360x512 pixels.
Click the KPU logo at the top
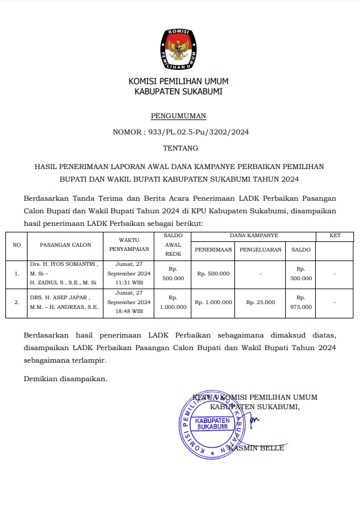[x=179, y=48]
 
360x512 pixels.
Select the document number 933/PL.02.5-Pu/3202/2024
[x=197, y=132]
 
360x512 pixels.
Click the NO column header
[x=17, y=245]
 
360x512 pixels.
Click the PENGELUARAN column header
[x=260, y=250]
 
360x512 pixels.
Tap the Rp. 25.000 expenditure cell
[x=260, y=302]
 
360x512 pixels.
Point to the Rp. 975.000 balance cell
[x=301, y=302]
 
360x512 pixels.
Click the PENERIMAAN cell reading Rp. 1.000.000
[x=213, y=302]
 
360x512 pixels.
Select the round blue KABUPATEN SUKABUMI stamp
[x=212, y=424]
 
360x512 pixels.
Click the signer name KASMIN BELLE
[x=257, y=448]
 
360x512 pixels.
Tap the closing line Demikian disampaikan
[x=65, y=378]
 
